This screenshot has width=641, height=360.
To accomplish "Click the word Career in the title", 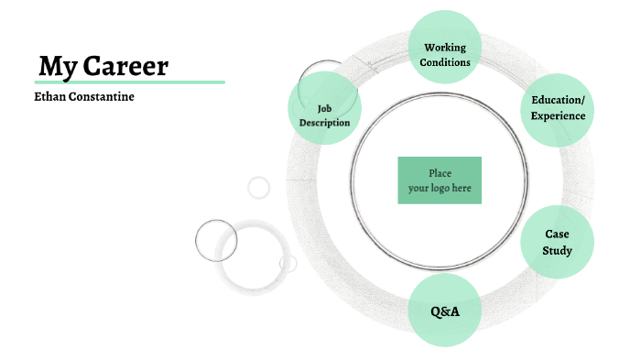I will coord(126,66).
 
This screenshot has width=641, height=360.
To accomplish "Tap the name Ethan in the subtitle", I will coord(52,96).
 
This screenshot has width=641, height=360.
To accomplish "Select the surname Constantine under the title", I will coord(103,96).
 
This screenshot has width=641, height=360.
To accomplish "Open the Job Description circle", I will coord(324,107).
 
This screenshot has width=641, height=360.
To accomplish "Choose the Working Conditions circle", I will coord(445,47).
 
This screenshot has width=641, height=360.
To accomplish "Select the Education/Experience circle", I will coord(558,109).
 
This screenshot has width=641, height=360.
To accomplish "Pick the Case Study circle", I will coord(557,242).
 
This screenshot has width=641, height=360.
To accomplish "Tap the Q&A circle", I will coord(445,311).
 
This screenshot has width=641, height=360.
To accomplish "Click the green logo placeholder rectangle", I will coord(440,180).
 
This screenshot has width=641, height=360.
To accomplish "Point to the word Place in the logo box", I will coord(440,173).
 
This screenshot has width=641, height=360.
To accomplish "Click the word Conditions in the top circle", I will coord(446,62).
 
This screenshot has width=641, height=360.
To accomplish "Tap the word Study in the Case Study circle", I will coord(557,250).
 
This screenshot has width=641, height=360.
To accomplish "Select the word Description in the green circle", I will coord(324,123).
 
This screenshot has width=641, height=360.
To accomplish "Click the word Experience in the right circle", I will coord(558,116).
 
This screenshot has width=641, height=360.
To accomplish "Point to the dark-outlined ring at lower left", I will coord(216,241).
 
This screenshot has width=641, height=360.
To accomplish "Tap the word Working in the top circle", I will coord(445,48).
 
